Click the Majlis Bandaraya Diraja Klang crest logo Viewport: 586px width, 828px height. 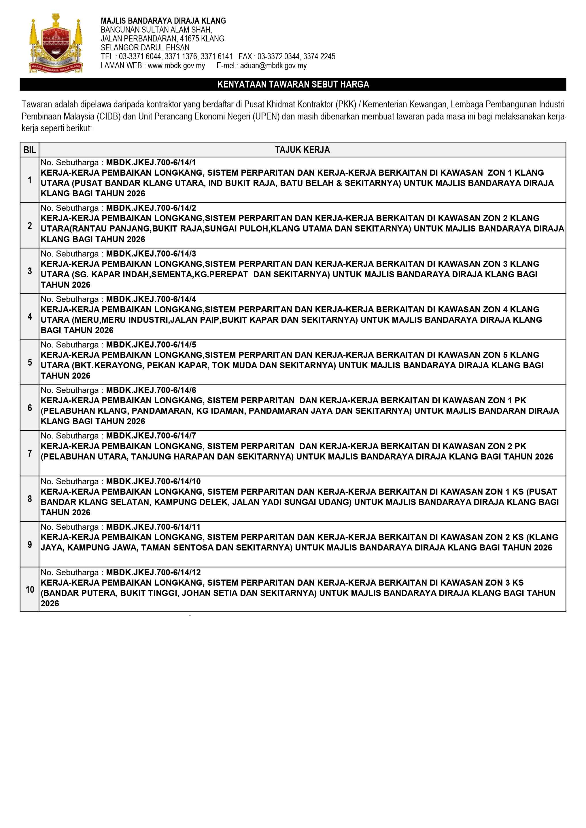pyautogui.click(x=56, y=43)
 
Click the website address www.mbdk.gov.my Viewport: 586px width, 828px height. pyautogui.click(x=176, y=66)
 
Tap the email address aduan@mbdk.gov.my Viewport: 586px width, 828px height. pyautogui.click(x=273, y=66)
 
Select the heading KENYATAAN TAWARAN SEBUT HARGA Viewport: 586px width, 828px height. pyautogui.click(x=293, y=84)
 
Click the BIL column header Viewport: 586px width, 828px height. pyautogui.click(x=30, y=150)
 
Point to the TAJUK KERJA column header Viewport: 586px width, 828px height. pyautogui.click(x=303, y=150)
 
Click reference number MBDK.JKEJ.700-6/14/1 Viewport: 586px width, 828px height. pyautogui.click(x=151, y=162)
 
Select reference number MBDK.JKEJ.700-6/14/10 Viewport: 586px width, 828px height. pyautogui.click(x=153, y=481)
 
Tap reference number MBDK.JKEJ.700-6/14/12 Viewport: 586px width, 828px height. pyautogui.click(x=153, y=572)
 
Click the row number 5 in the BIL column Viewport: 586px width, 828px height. pyautogui.click(x=30, y=362)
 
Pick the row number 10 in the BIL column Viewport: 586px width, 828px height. pyautogui.click(x=30, y=589)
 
